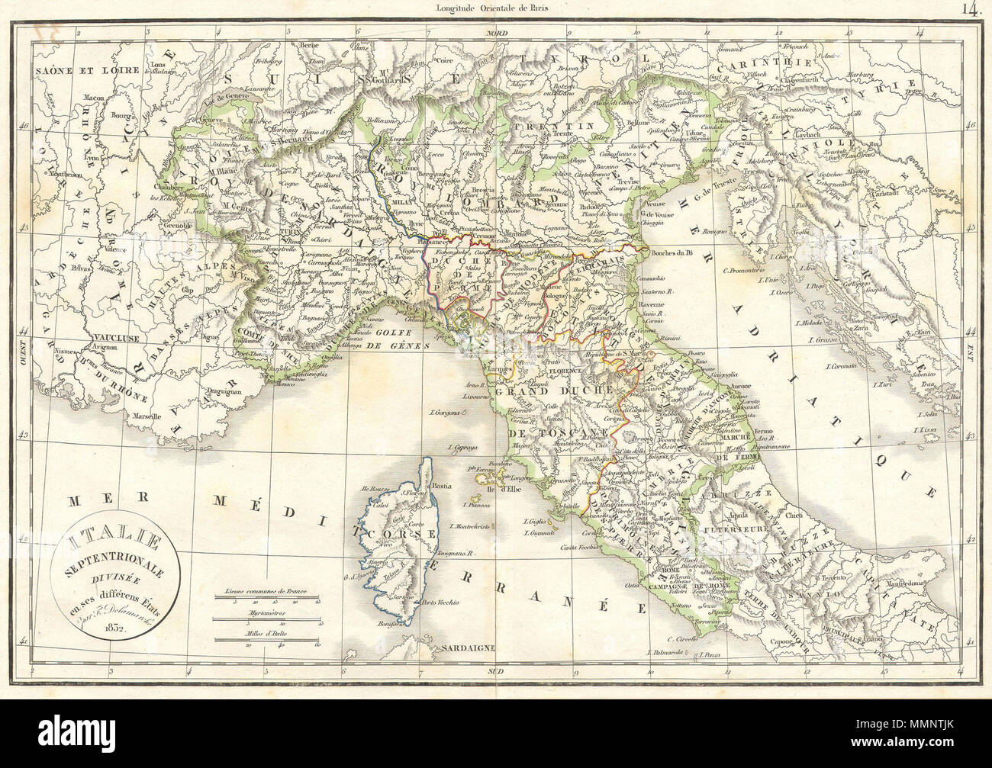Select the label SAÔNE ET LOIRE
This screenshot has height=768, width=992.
tap(69, 68)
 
